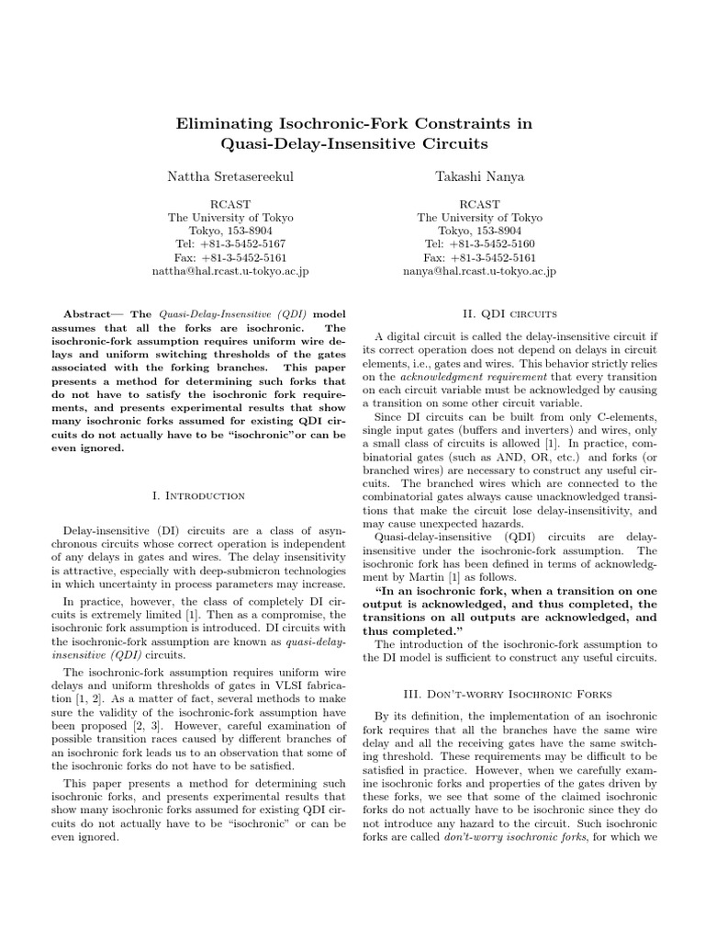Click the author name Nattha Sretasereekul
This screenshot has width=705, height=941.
click(x=229, y=175)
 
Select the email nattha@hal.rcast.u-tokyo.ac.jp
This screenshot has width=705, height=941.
click(x=230, y=272)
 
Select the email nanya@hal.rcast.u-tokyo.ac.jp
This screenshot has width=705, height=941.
click(x=480, y=272)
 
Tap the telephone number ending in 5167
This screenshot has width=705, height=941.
click(x=230, y=244)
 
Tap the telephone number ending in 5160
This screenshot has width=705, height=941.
click(x=480, y=244)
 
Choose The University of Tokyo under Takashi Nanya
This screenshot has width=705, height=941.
click(x=480, y=218)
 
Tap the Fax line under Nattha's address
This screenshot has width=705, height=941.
click(x=230, y=258)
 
